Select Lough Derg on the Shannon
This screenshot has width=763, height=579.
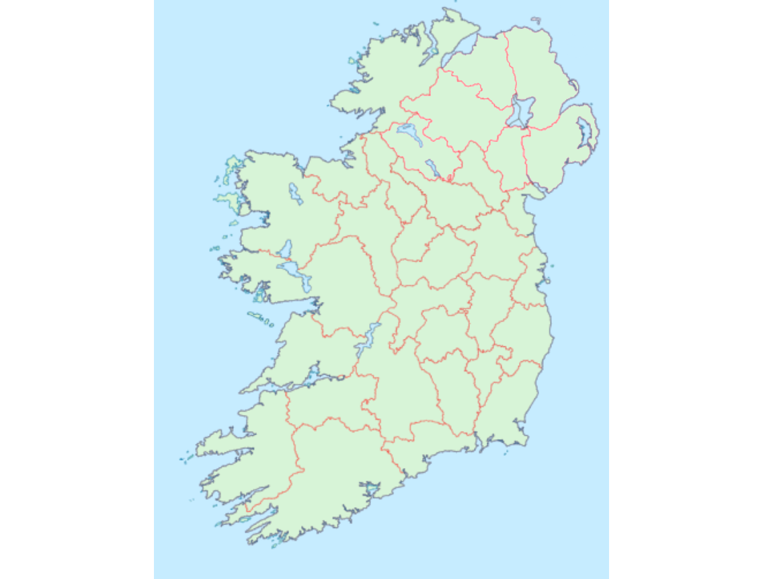pyautogui.click(x=367, y=340)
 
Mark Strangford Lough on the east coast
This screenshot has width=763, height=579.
pyautogui.click(x=584, y=134)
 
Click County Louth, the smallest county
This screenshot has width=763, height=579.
pyautogui.click(x=521, y=214)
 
